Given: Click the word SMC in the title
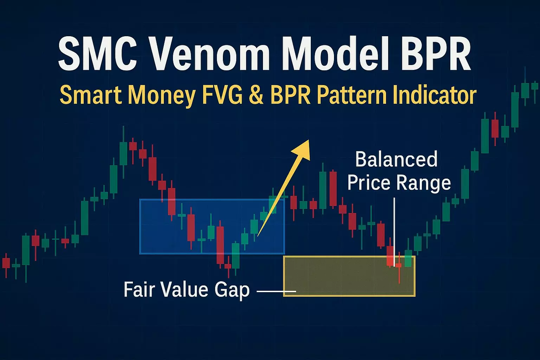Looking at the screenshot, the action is point(98,53).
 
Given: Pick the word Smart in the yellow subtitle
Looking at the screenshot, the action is point(91,95).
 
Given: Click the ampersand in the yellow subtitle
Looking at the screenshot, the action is point(256,95).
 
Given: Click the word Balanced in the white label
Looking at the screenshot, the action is point(396,159).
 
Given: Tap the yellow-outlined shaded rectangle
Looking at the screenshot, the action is point(349,276).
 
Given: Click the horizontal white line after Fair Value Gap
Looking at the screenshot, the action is point(277,291).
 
